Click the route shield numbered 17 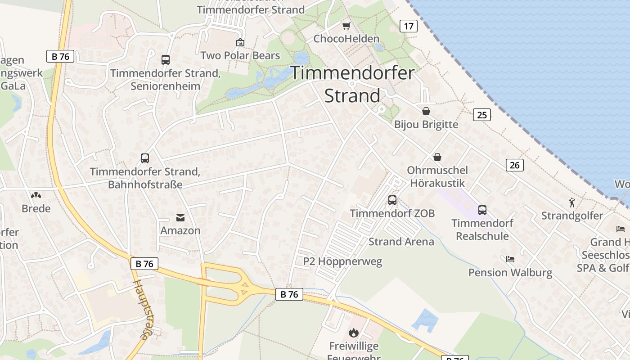[x=409, y=26]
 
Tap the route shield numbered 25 [x=481, y=115]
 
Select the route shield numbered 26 [x=515, y=165]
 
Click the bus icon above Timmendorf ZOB [x=392, y=200]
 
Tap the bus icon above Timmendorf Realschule [x=482, y=210]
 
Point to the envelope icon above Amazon [x=180, y=218]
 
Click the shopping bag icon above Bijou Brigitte [x=426, y=111]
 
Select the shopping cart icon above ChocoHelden [x=346, y=26]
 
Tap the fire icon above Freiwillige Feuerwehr [x=354, y=333]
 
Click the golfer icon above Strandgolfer [x=572, y=202]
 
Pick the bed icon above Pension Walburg [x=510, y=259]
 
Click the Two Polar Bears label [x=240, y=56]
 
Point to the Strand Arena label [x=401, y=242]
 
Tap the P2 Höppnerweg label [x=342, y=261]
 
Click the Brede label [x=36, y=209]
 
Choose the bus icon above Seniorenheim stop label [x=166, y=59]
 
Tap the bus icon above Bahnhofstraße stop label [x=145, y=158]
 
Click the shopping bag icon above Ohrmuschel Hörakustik [x=437, y=157]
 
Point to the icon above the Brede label [x=36, y=195]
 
